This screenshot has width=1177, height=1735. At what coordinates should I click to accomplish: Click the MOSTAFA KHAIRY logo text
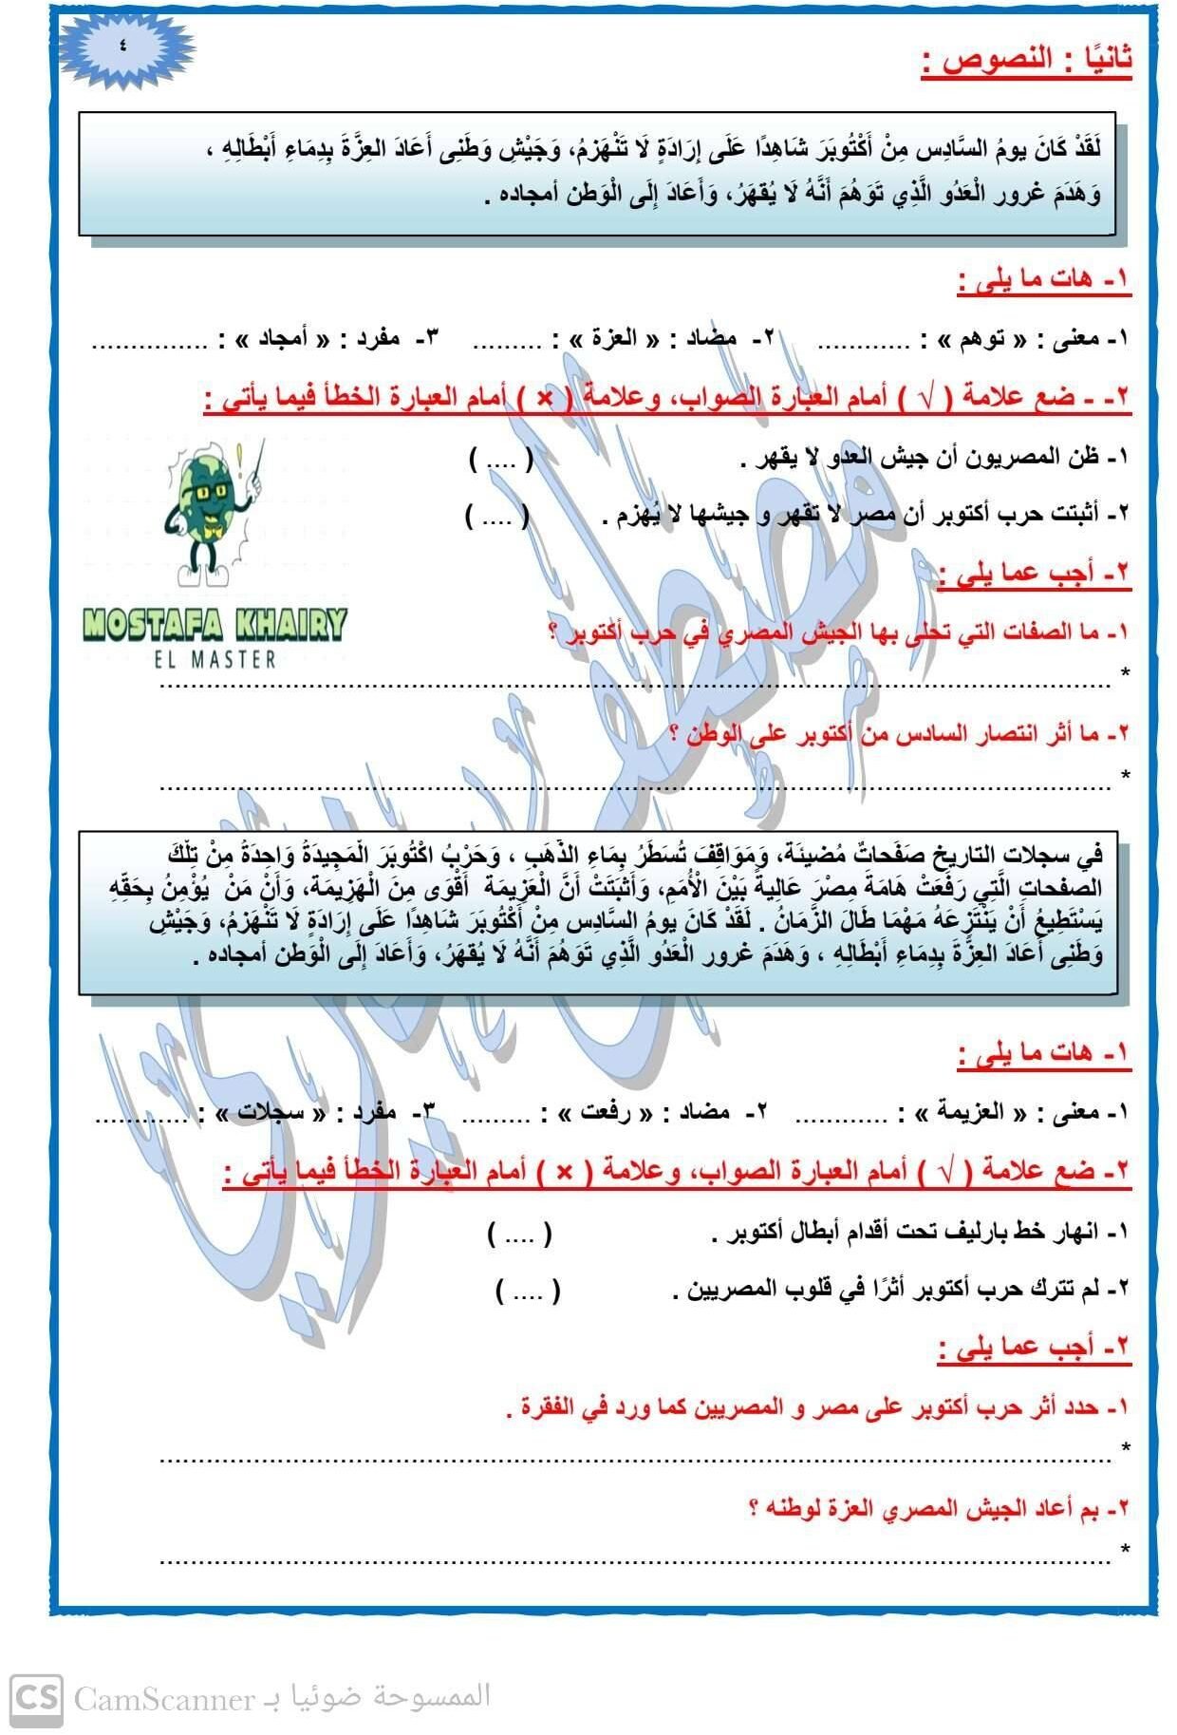[x=215, y=625]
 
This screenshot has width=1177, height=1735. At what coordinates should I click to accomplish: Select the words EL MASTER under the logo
[x=215, y=659]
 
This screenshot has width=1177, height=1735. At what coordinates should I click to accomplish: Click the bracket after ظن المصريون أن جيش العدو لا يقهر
[x=501, y=460]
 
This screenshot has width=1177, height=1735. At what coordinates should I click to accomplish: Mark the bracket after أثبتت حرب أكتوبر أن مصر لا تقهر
[x=497, y=516]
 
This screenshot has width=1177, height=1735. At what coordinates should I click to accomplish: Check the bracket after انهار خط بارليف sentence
[x=519, y=1235]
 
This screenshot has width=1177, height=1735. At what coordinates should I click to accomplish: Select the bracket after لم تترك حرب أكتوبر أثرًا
[x=528, y=1290]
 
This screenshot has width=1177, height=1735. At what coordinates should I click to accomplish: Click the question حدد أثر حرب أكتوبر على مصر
[x=816, y=1408]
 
